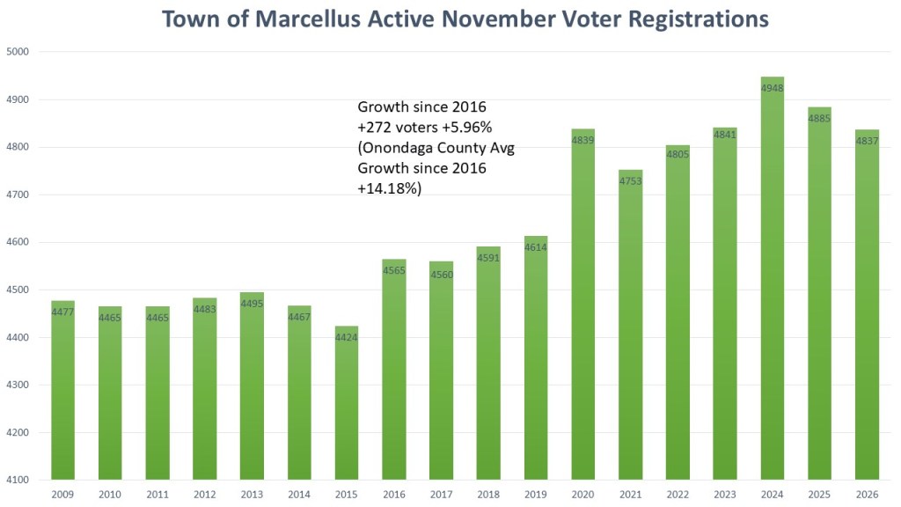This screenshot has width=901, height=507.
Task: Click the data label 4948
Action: click(772, 88)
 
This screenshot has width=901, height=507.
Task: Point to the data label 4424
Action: click(346, 337)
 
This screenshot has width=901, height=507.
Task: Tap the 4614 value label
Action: click(535, 247)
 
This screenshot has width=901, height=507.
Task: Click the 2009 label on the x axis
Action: click(62, 496)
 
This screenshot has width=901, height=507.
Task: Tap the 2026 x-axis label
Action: click(867, 496)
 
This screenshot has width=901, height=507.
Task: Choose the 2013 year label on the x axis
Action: click(252, 496)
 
